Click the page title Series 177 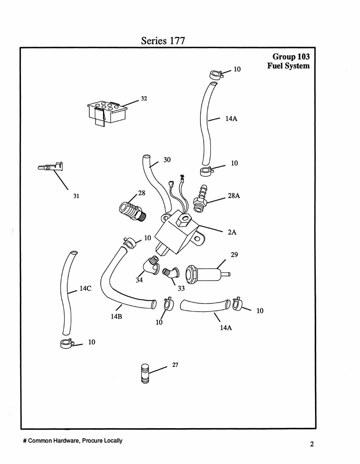pyautogui.click(x=163, y=40)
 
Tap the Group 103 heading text pyautogui.click(x=291, y=57)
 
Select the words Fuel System pyautogui.click(x=288, y=66)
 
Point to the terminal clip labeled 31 pyautogui.click(x=51, y=167)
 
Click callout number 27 pyautogui.click(x=175, y=365)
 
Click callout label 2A pyautogui.click(x=232, y=232)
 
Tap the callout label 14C pyautogui.click(x=85, y=289)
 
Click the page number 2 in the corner pyautogui.click(x=312, y=444)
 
